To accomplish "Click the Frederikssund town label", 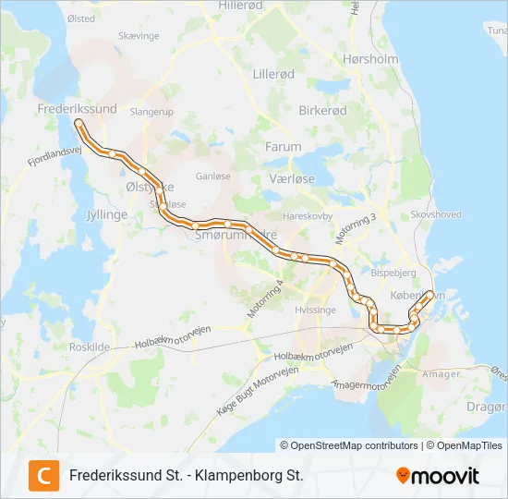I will pyautogui.click(x=77, y=109).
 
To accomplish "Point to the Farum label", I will pyautogui.click(x=283, y=146).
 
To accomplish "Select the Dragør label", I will pyautogui.click(x=490, y=405).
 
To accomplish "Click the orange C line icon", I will pyautogui.click(x=43, y=475).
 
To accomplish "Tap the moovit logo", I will pyautogui.click(x=438, y=476).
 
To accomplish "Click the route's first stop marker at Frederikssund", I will pyautogui.click(x=79, y=122).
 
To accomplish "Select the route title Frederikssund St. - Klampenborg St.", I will pyautogui.click(x=186, y=476).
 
